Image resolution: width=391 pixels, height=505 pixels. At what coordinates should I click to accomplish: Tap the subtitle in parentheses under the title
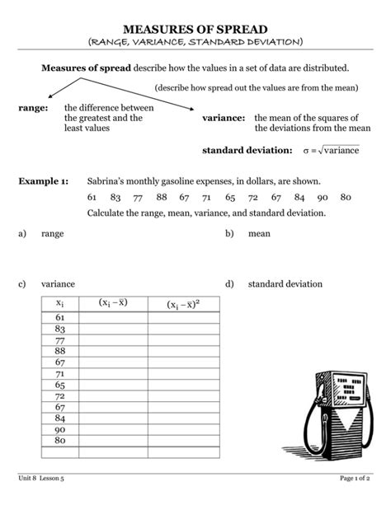(x=195, y=41)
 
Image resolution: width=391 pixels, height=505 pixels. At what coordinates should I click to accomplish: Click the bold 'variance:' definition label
(x=224, y=119)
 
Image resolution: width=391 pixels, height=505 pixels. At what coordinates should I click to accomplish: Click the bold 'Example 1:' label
(x=44, y=181)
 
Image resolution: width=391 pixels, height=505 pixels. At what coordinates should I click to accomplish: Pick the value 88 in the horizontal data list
(x=162, y=197)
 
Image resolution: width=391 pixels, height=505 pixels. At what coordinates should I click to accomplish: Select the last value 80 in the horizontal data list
(x=346, y=197)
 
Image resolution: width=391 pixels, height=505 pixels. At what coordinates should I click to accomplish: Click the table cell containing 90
(x=60, y=429)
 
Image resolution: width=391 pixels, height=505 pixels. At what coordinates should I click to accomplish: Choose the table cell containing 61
(x=60, y=317)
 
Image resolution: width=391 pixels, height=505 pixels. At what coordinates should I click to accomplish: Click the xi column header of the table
(x=60, y=303)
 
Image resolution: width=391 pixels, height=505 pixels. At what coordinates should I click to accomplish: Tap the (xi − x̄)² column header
(x=183, y=304)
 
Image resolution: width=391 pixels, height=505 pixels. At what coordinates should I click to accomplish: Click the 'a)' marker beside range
(x=22, y=234)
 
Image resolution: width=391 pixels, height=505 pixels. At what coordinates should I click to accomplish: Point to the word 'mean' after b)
(x=259, y=234)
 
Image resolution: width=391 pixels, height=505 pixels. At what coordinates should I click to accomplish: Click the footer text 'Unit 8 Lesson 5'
(x=40, y=479)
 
